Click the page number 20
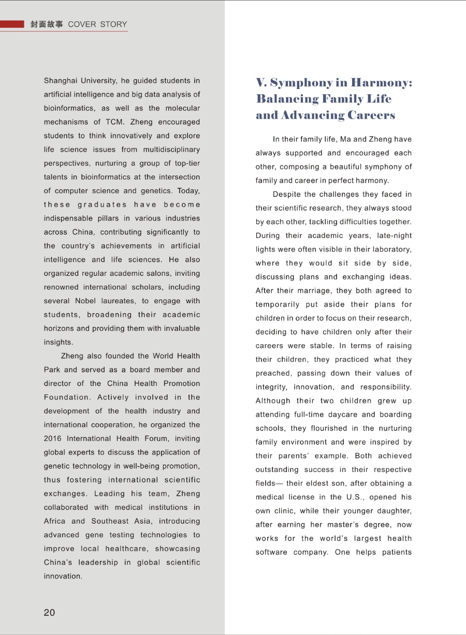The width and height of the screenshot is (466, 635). pos(49,613)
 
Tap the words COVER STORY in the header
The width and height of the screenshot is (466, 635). pos(97,24)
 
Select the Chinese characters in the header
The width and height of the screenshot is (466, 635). pos(47,24)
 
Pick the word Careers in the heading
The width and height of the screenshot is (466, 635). pos(371,115)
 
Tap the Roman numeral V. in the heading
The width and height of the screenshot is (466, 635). pos(261,83)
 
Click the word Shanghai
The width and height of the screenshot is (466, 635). pos(61,81)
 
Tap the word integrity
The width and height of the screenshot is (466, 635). pos(271,387)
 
